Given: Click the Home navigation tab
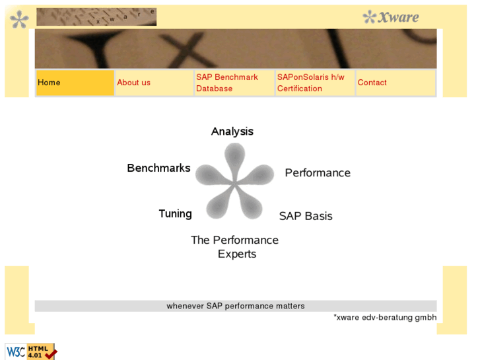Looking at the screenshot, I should pyautogui.click(x=75, y=83).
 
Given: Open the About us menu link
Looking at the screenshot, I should pyautogui.click(x=133, y=83).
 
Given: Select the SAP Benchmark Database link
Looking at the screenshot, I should pyautogui.click(x=226, y=83).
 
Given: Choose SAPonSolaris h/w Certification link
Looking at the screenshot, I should pyautogui.click(x=310, y=83).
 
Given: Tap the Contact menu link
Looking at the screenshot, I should pyautogui.click(x=372, y=83).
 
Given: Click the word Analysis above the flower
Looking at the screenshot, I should pyautogui.click(x=232, y=131).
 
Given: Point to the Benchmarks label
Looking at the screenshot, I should pyautogui.click(x=158, y=168).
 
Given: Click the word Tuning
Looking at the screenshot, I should pyautogui.click(x=175, y=213).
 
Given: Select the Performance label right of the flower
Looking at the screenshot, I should pyautogui.click(x=318, y=172).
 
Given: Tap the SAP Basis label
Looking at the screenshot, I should pyautogui.click(x=306, y=216).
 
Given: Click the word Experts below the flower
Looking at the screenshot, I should pyautogui.click(x=236, y=254).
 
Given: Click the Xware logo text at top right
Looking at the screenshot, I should pyautogui.click(x=391, y=17).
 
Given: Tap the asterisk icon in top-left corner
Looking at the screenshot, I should pyautogui.click(x=19, y=19).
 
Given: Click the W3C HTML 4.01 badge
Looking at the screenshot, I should pyautogui.click(x=30, y=351).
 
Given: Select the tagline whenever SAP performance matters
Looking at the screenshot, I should pyautogui.click(x=235, y=306).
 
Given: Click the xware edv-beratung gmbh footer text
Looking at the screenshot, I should pyautogui.click(x=385, y=318).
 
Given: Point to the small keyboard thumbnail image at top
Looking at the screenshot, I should pyautogui.click(x=96, y=17).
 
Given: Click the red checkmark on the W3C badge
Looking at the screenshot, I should pyautogui.click(x=50, y=353).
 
